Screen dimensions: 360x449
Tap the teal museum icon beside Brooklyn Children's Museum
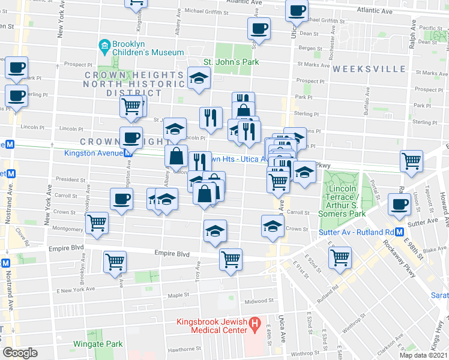(104, 45)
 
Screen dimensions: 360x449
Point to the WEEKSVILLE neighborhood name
(364, 69)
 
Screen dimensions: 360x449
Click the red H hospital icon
(255, 326)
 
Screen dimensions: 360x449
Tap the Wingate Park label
(98, 344)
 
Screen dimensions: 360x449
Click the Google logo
(20, 353)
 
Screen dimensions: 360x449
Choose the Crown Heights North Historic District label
(133, 84)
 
